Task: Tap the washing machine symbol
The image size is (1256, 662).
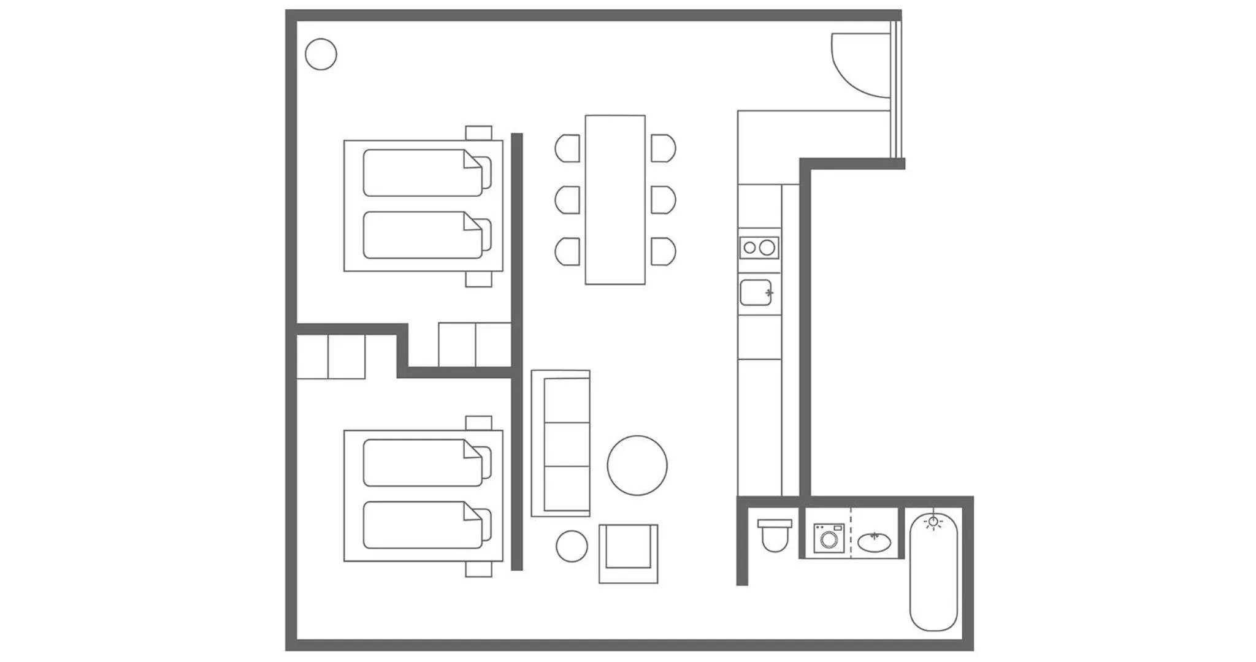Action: (x=829, y=539)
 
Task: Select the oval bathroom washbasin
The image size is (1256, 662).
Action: (x=874, y=542)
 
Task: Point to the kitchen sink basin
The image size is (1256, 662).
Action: (x=756, y=292)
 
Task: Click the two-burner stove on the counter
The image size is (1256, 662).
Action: (x=759, y=248)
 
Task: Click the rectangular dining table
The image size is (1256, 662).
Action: (x=615, y=200)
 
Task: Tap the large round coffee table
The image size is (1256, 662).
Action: (x=637, y=465)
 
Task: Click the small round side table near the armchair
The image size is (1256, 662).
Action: (x=572, y=546)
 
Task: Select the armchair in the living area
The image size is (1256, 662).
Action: (x=628, y=554)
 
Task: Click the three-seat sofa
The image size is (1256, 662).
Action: (x=561, y=443)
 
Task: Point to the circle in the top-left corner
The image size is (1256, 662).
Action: (x=321, y=55)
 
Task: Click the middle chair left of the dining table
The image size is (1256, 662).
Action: (x=568, y=200)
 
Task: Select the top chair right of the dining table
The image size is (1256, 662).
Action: (x=662, y=148)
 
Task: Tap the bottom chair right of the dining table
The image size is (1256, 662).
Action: (x=662, y=251)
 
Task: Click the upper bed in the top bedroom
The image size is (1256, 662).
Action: (x=423, y=173)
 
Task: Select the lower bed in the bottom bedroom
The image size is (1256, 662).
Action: (x=423, y=525)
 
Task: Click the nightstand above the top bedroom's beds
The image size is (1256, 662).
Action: (x=478, y=132)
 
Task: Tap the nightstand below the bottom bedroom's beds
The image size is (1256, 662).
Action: (x=478, y=569)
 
